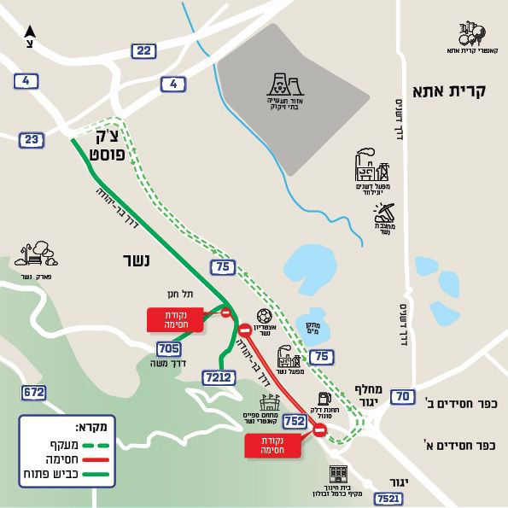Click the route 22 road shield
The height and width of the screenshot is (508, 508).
(x=143, y=52)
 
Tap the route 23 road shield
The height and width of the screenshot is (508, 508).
(x=32, y=139)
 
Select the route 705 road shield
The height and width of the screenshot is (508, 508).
(x=169, y=347)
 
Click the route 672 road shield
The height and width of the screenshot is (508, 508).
(x=33, y=392)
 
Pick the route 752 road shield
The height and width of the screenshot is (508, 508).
(x=295, y=420)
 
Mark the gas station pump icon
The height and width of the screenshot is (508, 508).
(x=323, y=400)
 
